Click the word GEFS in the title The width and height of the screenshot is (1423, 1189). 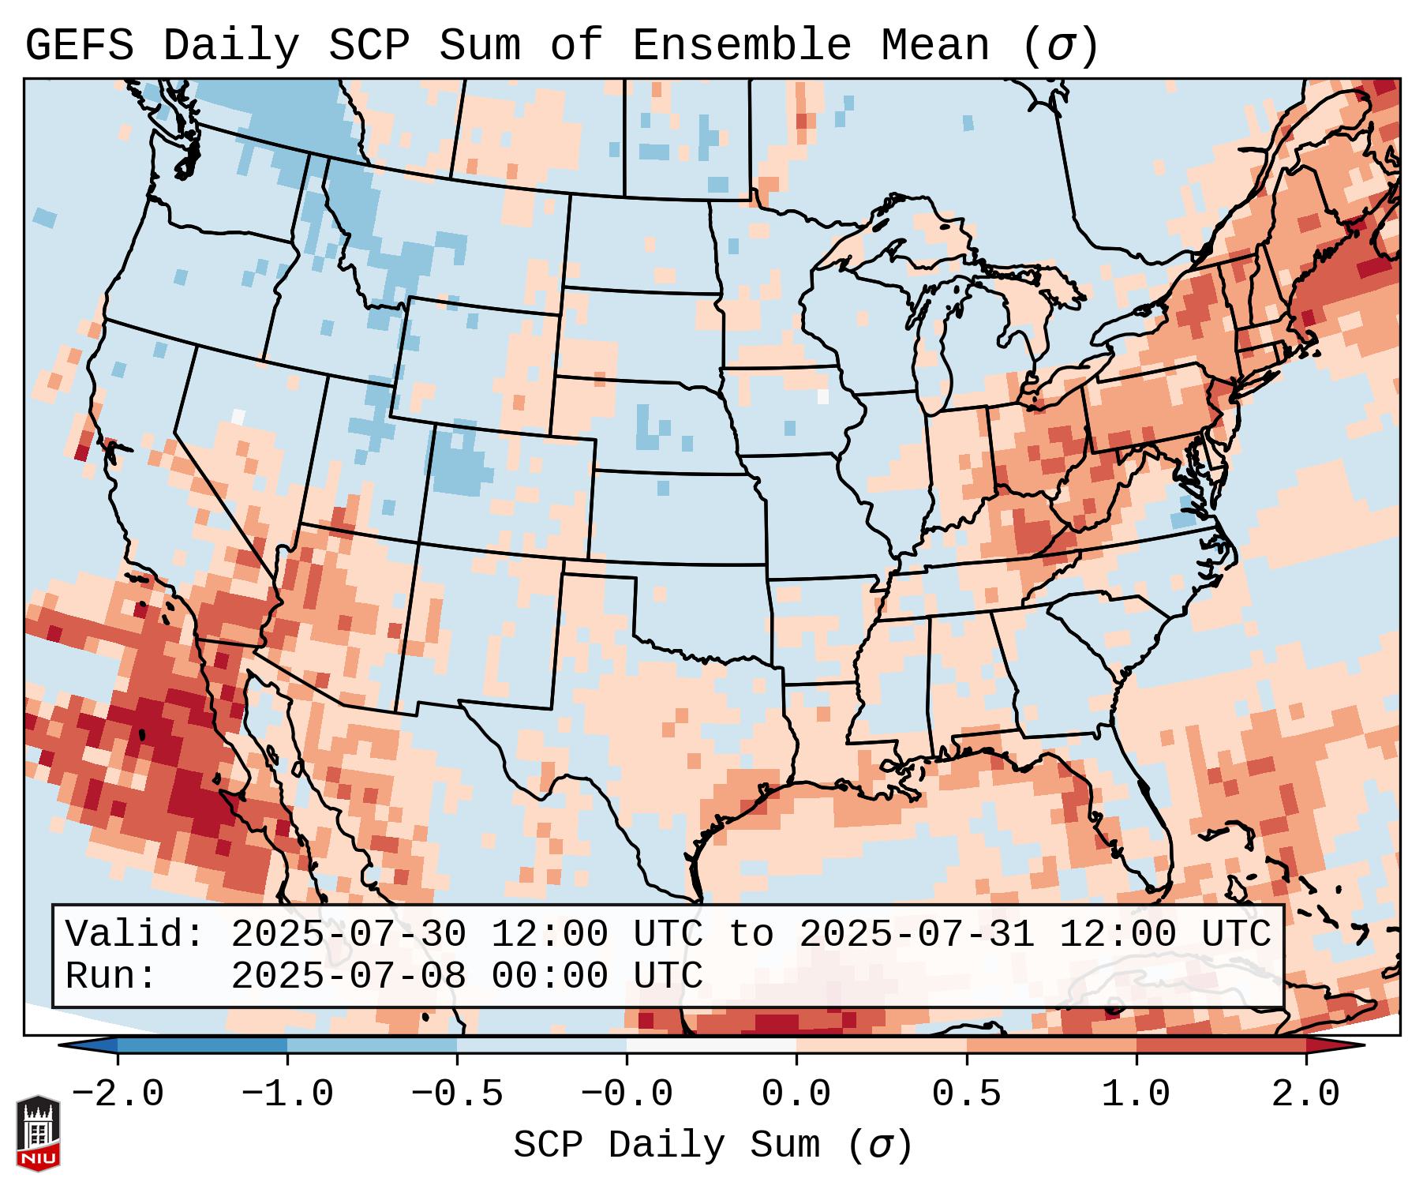(x=80, y=47)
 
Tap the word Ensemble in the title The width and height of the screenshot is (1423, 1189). (x=742, y=47)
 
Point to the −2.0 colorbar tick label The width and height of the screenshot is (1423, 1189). (x=118, y=1095)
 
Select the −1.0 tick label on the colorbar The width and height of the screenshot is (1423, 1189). (x=287, y=1095)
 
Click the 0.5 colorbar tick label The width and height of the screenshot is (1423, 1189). (x=966, y=1095)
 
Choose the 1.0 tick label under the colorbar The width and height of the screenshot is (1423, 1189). (x=1136, y=1095)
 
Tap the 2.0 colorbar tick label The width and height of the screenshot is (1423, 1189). (x=1305, y=1095)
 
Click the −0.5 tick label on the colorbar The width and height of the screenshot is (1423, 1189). (x=457, y=1095)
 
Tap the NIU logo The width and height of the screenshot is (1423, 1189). (x=38, y=1134)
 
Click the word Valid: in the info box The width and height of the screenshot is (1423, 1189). (x=135, y=935)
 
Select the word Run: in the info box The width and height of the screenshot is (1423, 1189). (x=111, y=977)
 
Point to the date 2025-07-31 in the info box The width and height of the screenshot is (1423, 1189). (x=917, y=935)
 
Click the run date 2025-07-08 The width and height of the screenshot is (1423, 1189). (x=349, y=977)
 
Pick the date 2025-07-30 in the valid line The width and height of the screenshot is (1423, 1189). (x=349, y=935)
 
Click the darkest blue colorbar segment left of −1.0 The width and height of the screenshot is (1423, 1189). (x=202, y=1045)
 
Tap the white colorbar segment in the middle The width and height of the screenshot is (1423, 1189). (x=711, y=1045)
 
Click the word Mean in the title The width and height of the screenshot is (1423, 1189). (x=935, y=47)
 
